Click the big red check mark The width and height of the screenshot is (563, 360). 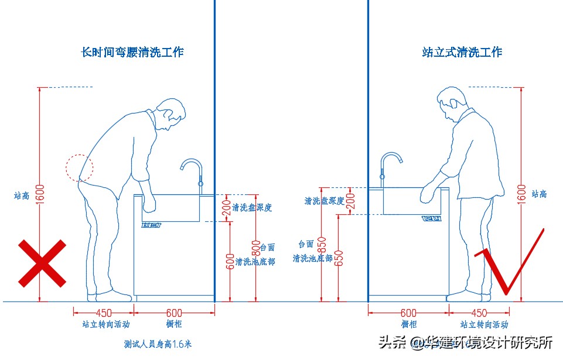(509, 263)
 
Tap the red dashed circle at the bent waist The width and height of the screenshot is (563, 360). (79, 168)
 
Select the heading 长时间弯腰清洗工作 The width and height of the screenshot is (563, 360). (132, 52)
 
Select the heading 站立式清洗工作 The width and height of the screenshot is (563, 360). (462, 52)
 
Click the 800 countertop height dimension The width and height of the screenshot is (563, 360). (255, 246)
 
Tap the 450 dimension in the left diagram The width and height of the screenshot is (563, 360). (104, 313)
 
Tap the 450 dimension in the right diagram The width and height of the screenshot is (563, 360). (478, 313)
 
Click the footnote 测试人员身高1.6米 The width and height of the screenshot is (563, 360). (158, 344)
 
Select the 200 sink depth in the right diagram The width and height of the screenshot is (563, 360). (350, 201)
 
